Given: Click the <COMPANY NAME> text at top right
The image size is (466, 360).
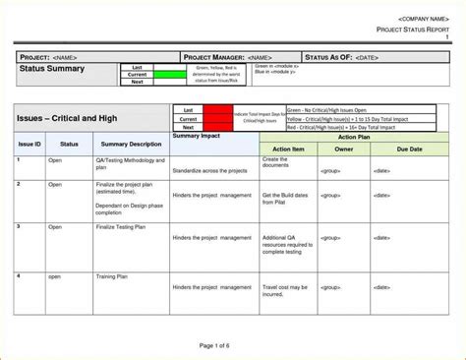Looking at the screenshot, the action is pyautogui.click(x=424, y=19).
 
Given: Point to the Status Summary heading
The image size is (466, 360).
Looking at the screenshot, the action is pyautogui.click(x=53, y=69).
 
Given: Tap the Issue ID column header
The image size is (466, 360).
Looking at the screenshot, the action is pyautogui.click(x=29, y=144).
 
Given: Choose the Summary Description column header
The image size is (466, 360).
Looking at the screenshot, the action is pyautogui.click(x=132, y=144).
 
